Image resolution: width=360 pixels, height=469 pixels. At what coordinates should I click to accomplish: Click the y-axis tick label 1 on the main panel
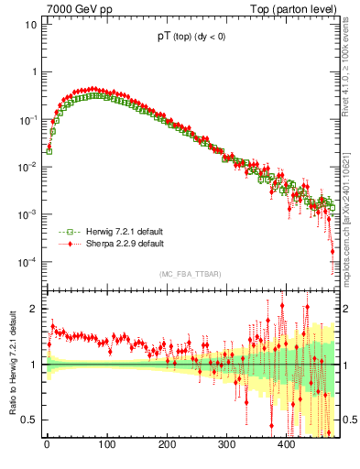[33, 71]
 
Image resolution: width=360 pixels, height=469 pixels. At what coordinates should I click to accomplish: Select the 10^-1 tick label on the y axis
[27, 119]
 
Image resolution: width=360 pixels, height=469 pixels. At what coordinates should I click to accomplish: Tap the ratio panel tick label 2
[33, 309]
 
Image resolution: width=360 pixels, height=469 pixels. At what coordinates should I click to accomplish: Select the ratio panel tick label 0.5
[29, 420]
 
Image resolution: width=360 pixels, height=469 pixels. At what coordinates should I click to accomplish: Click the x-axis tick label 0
[47, 444]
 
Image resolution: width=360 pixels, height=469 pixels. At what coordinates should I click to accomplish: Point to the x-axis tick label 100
[106, 444]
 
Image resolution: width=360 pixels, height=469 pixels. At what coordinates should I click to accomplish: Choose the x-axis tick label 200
[166, 444]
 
